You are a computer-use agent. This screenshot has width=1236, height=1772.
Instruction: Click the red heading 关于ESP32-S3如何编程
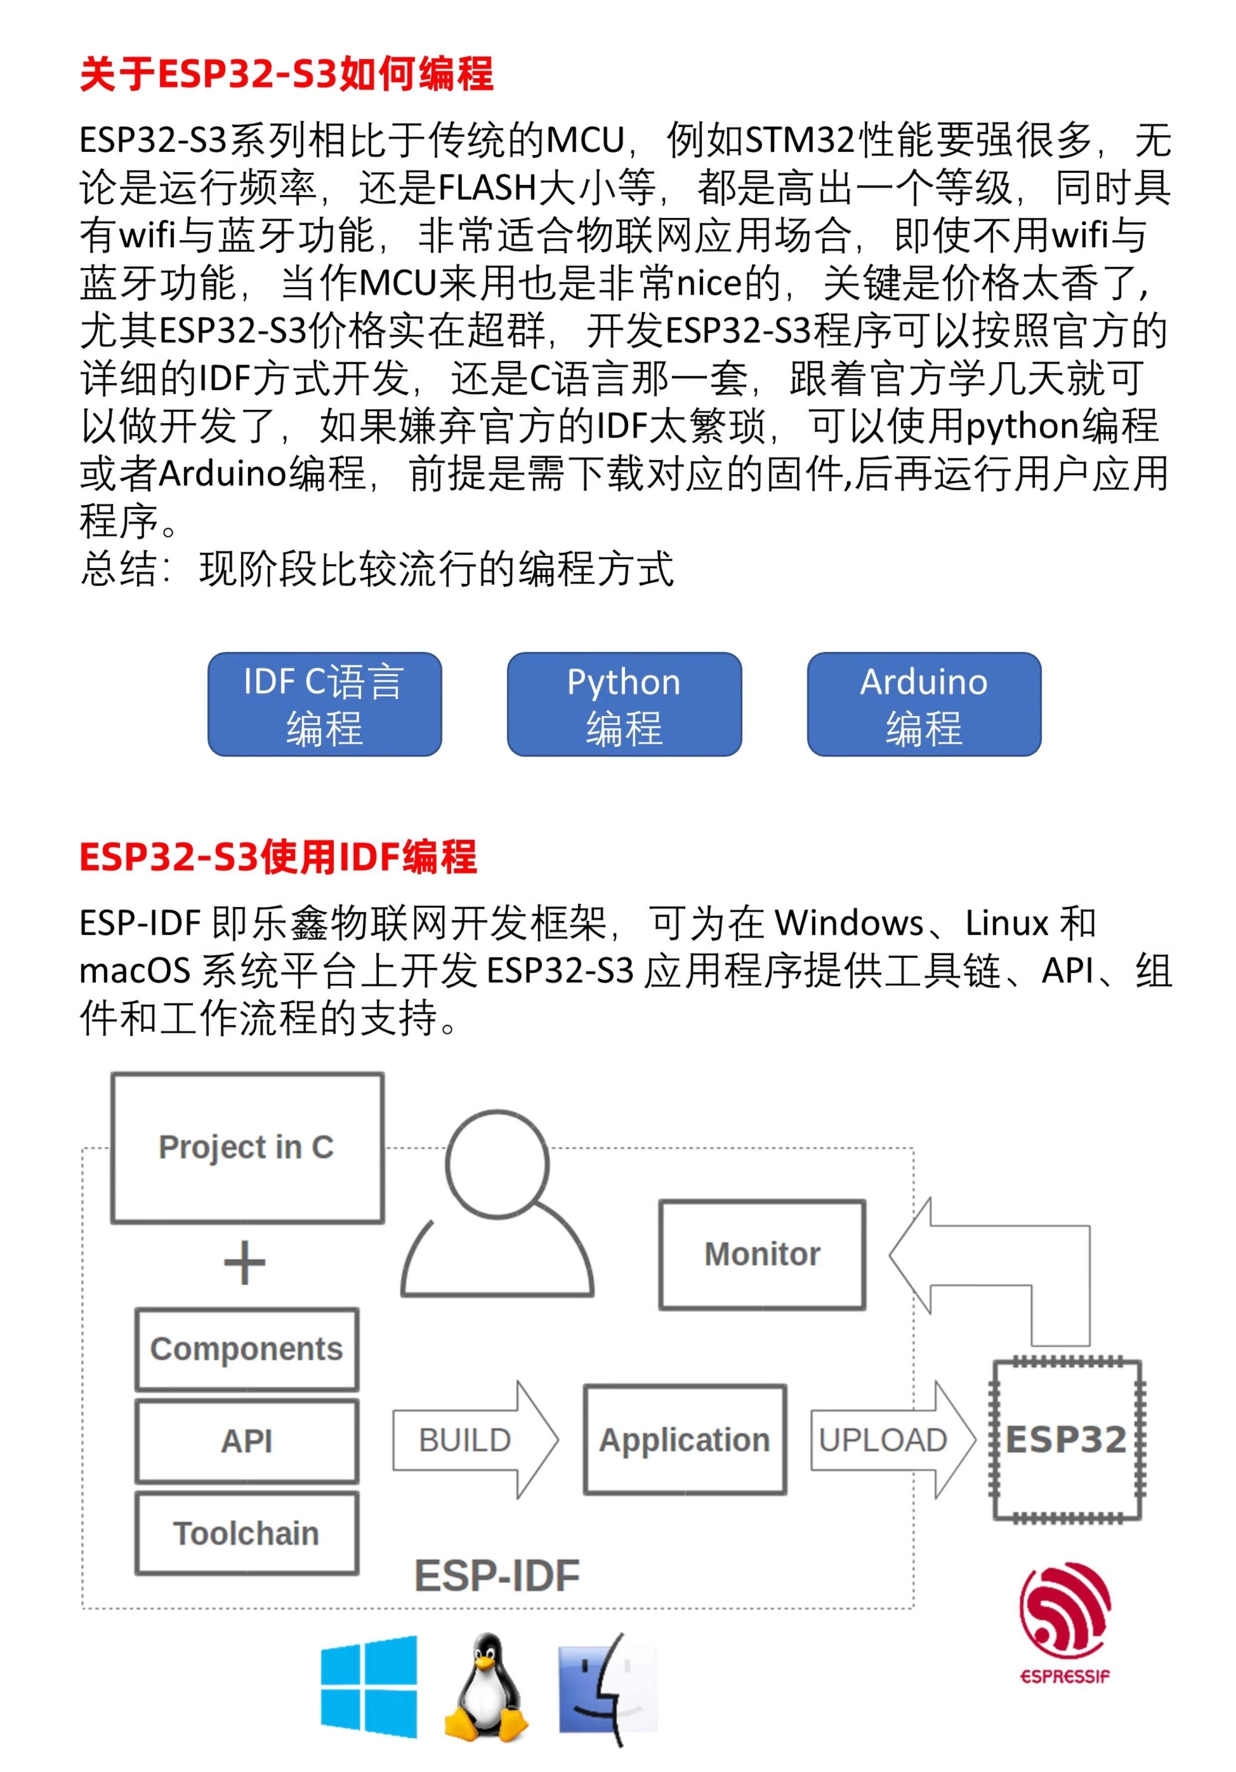click(286, 75)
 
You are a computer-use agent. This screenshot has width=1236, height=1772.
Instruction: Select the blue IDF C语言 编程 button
click(324, 704)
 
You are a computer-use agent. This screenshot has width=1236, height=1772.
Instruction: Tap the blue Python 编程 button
click(624, 704)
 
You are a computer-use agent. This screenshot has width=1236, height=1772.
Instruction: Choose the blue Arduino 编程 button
click(924, 704)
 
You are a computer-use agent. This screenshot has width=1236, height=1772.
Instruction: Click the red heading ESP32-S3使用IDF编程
click(278, 857)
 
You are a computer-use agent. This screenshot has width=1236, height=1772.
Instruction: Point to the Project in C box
click(247, 1148)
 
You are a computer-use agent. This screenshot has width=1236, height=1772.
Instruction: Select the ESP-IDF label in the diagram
click(497, 1576)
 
